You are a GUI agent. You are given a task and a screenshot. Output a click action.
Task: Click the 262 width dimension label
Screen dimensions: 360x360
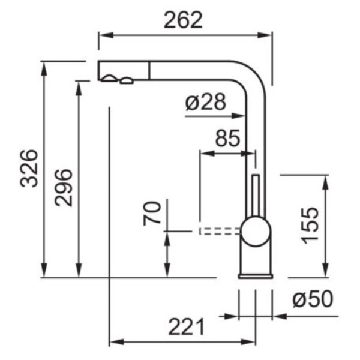(183, 20)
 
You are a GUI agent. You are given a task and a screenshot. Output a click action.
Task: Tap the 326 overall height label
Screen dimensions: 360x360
(29, 169)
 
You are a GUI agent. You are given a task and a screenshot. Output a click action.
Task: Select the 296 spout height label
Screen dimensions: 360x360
(64, 188)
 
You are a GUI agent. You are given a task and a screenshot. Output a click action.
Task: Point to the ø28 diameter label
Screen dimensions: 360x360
(206, 101)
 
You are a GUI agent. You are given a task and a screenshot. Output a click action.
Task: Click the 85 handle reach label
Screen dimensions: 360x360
(228, 138)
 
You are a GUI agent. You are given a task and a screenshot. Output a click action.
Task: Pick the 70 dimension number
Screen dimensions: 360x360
(152, 213)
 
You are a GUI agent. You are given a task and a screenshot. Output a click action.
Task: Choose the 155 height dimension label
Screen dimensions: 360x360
(310, 226)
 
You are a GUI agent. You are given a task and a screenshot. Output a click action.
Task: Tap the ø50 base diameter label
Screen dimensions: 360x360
(313, 299)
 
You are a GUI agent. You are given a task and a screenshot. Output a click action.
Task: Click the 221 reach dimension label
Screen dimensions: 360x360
(187, 327)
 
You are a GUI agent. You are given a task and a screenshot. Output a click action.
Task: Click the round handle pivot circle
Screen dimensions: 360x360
(256, 231)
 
